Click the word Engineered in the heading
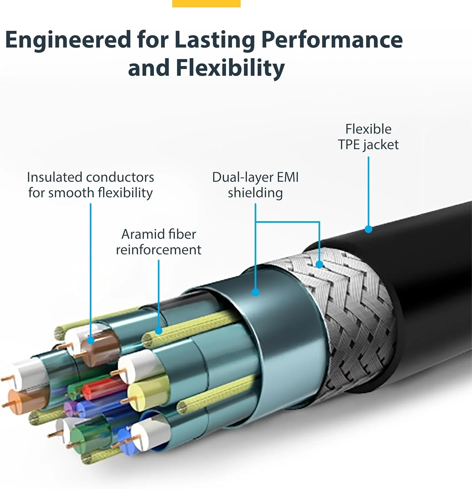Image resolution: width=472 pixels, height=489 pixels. [x=68, y=40]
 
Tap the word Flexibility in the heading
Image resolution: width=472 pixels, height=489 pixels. [x=230, y=68]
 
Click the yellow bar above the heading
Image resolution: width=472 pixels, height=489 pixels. [x=206, y=3]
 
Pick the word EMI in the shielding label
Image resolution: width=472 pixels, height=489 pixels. [x=288, y=177]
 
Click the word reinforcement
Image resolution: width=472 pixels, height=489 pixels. [x=158, y=250]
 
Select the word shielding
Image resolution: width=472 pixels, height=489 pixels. [x=255, y=193]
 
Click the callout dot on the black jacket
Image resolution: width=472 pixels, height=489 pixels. [x=368, y=229]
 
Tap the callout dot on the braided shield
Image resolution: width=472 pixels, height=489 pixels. [x=319, y=264]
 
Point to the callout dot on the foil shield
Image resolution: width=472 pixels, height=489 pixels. [x=256, y=292]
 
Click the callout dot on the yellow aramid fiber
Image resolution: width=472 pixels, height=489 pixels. [x=159, y=331]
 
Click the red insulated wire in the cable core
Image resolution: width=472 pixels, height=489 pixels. [x=101, y=389]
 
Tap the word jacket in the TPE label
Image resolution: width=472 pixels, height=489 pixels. [x=381, y=144]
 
